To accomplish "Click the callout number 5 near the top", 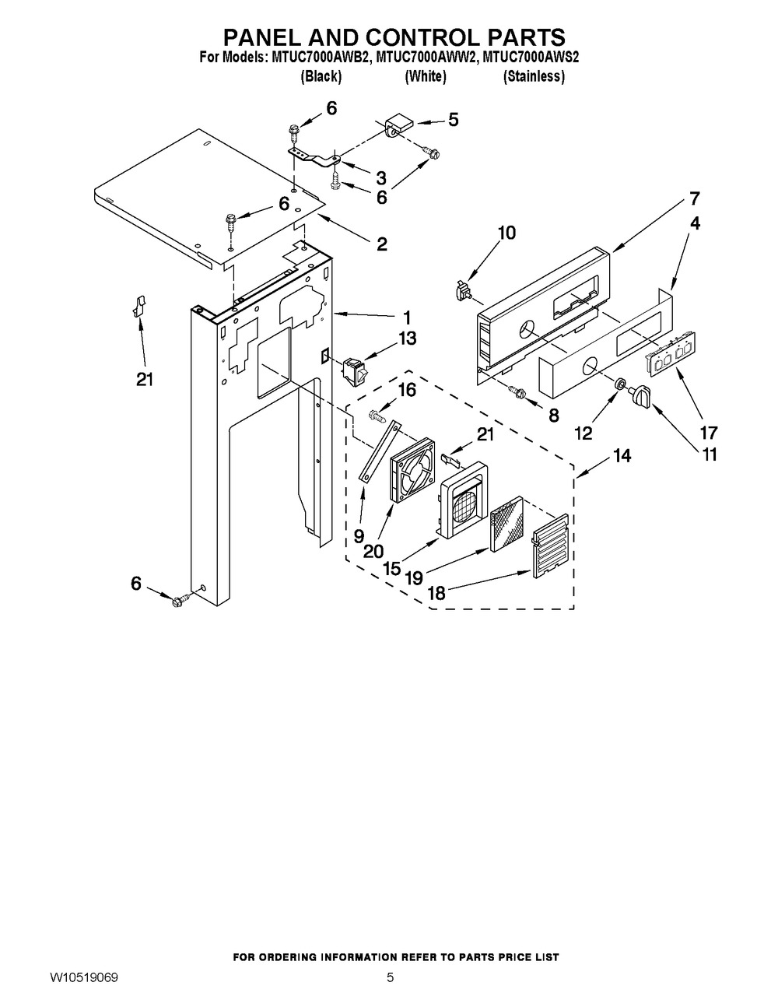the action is point(453,120).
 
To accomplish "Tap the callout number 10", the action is point(507,233).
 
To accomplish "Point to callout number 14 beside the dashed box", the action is point(622,456).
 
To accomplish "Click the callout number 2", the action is point(381,244).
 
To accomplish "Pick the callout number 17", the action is point(709,433).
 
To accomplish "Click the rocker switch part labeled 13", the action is point(356,373).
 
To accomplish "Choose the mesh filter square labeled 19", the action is point(507,524).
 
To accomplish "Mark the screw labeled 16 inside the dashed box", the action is point(377,415).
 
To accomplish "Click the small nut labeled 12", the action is point(621,384).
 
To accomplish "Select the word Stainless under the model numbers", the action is point(534,76).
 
